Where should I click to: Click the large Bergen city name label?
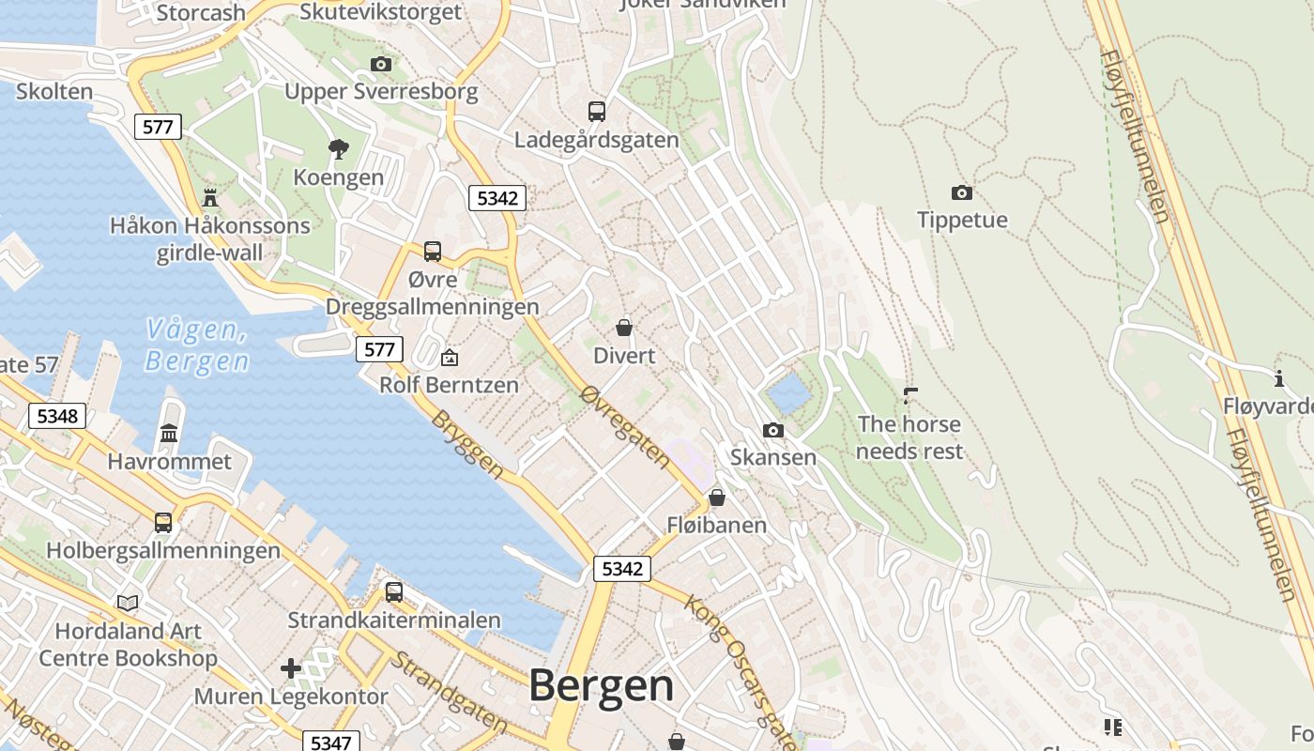pyautogui.click(x=601, y=686)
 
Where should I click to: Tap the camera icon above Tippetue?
pyautogui.click(x=961, y=192)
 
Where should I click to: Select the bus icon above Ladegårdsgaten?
pyautogui.click(x=596, y=111)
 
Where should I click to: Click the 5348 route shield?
pyautogui.click(x=57, y=416)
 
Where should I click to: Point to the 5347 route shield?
pyautogui.click(x=330, y=743)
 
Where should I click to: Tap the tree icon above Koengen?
pyautogui.click(x=338, y=148)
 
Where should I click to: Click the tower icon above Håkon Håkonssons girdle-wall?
pyautogui.click(x=209, y=197)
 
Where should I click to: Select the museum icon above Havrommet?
pyautogui.click(x=169, y=433)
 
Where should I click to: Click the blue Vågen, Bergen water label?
pyautogui.click(x=197, y=345)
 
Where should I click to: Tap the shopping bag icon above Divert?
pyautogui.click(x=623, y=328)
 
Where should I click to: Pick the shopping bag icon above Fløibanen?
pyautogui.click(x=717, y=497)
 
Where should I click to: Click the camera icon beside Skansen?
pyautogui.click(x=772, y=430)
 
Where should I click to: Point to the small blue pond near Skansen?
pyautogui.click(x=787, y=392)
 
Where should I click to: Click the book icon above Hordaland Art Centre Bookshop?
pyautogui.click(x=128, y=603)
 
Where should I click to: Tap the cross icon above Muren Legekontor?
pyautogui.click(x=291, y=668)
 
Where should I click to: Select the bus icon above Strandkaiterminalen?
pyautogui.click(x=393, y=592)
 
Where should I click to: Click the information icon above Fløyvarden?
pyautogui.click(x=1278, y=378)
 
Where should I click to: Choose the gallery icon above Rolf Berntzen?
pyautogui.click(x=450, y=358)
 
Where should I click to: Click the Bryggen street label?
pyautogui.click(x=466, y=445)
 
